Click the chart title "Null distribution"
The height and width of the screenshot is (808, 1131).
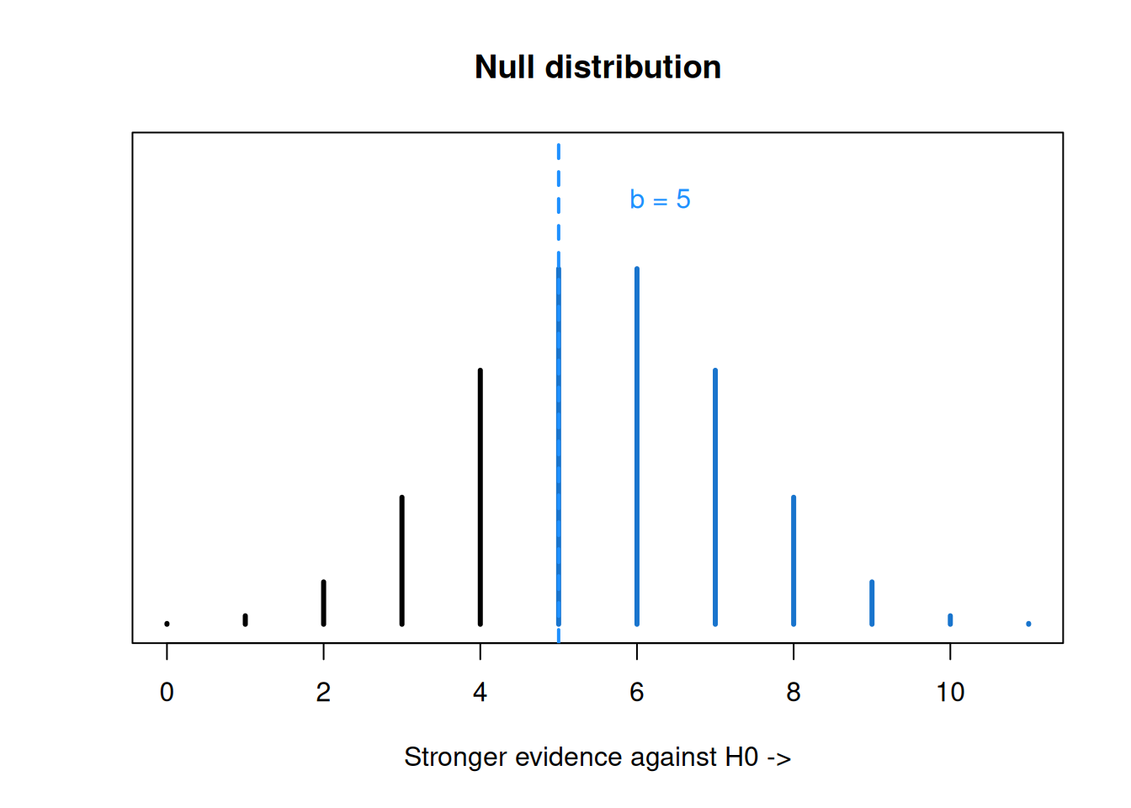coord(597,66)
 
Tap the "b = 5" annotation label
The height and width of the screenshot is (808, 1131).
coord(660,199)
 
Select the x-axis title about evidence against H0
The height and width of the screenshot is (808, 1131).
coord(597,757)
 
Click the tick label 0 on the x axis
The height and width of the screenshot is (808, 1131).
coord(167,692)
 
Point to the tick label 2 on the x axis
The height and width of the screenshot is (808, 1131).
coord(323,692)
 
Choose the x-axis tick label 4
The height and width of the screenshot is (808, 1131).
coord(481,692)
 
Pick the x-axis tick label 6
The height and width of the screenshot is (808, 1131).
coord(637,692)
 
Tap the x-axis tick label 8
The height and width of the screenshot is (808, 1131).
coord(794,692)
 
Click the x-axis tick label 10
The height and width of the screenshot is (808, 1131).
coord(950,692)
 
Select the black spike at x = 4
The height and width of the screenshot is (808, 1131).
coord(481,497)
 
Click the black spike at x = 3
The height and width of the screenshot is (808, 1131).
coord(402,561)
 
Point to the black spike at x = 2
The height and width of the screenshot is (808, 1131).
coord(324,603)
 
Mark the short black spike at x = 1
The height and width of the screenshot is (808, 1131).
coord(246,620)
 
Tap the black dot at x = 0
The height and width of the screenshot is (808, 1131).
coord(167,625)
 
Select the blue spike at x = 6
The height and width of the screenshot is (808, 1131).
coord(637,446)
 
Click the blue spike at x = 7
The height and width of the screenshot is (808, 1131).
coord(715,497)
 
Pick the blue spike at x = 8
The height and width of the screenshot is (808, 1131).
coord(794,561)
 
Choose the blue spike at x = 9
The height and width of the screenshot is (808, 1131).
coord(872,603)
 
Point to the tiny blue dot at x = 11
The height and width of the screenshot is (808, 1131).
coord(1028,625)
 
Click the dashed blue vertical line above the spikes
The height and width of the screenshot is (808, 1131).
coord(559,393)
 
